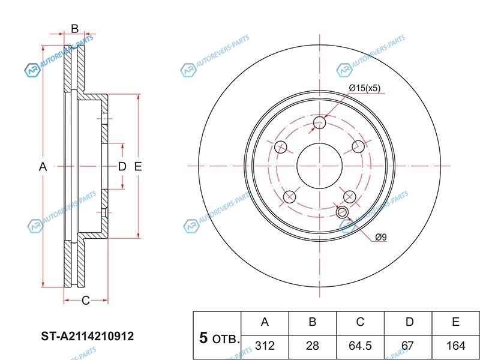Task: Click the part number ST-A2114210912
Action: [x=88, y=337]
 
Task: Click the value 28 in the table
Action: [x=313, y=346]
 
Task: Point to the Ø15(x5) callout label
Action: [x=365, y=88]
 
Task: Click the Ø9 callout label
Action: [x=381, y=237]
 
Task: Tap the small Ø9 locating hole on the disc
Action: [x=342, y=212]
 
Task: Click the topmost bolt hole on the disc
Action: [x=320, y=122]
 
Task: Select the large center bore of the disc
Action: [x=320, y=166]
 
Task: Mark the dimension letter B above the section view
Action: [x=74, y=29]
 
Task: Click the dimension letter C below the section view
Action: [x=86, y=301]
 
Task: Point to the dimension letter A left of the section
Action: [x=43, y=167]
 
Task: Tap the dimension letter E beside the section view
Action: [x=138, y=167]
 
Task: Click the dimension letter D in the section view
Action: [x=122, y=167]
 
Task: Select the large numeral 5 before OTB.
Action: [x=203, y=338]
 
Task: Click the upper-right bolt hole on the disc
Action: [x=358, y=147]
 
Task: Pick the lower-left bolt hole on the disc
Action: [x=290, y=197]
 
